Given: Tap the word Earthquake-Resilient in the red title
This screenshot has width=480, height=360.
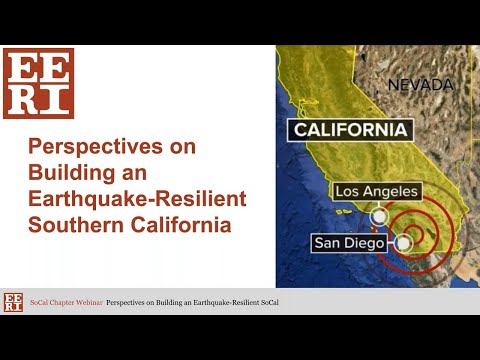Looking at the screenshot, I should point(138,198).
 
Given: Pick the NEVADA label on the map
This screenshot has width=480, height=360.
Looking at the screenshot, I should point(420,84).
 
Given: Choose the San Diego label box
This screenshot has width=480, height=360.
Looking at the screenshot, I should point(349,241).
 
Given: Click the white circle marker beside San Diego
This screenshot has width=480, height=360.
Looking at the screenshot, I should point(404,241).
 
